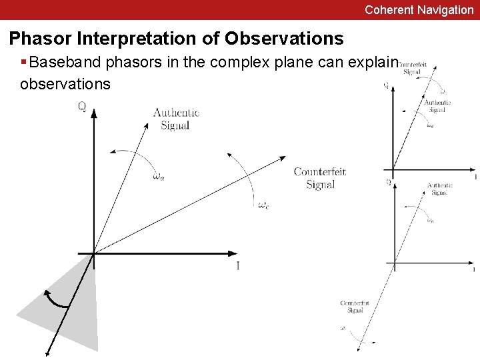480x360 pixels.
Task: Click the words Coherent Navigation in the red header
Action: pyautogui.click(x=419, y=10)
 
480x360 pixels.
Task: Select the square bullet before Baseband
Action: pyautogui.click(x=24, y=63)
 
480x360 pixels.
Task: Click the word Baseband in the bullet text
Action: pyautogui.click(x=63, y=63)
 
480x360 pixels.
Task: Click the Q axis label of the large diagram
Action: pyautogui.click(x=81, y=106)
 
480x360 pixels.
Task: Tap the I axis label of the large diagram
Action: pyautogui.click(x=238, y=266)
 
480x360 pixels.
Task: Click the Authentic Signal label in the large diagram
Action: pyautogui.click(x=176, y=119)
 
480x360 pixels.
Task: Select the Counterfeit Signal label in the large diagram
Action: pyautogui.click(x=320, y=178)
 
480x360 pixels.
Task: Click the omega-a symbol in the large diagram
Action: pyautogui.click(x=158, y=177)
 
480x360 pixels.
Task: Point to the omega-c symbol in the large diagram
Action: pyautogui.click(x=264, y=205)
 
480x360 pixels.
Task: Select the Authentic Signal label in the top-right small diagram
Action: pyautogui.click(x=437, y=106)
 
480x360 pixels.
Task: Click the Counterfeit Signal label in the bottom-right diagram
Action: pyautogui.click(x=355, y=307)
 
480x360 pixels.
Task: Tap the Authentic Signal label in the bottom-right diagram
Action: pyautogui.click(x=440, y=189)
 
